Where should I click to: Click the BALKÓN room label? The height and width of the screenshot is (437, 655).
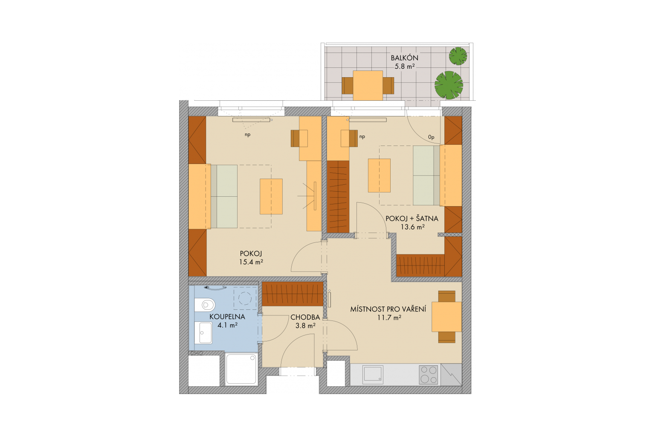pos(404,58)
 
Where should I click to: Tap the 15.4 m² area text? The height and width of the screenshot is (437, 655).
pos(251,262)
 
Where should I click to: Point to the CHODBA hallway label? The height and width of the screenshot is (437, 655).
pos(305,317)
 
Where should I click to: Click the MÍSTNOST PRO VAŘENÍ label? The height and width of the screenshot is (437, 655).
pos(388,309)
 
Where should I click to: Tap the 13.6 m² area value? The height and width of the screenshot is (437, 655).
pos(412,227)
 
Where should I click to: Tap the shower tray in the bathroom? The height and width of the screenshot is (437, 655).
pos(241,370)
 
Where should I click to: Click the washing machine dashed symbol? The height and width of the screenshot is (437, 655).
pos(245,298)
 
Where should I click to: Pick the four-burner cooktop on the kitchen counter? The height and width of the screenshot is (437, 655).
pos(429,375)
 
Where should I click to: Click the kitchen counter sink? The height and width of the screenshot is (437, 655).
pos(373,375)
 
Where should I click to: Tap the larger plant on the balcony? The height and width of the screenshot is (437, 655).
pos(449,85)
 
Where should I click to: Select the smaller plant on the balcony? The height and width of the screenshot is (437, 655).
pos(458,56)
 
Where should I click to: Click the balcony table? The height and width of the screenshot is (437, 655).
pos(368,85)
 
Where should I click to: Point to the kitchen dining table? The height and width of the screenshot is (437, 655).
pos(446,317)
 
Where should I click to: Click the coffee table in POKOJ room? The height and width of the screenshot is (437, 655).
pos(271,196)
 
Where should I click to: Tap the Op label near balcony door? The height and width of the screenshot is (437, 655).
pos(431,137)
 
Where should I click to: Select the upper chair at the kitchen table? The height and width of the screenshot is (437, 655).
pos(447,296)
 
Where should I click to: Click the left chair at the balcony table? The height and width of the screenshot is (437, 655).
pos(348,85)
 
